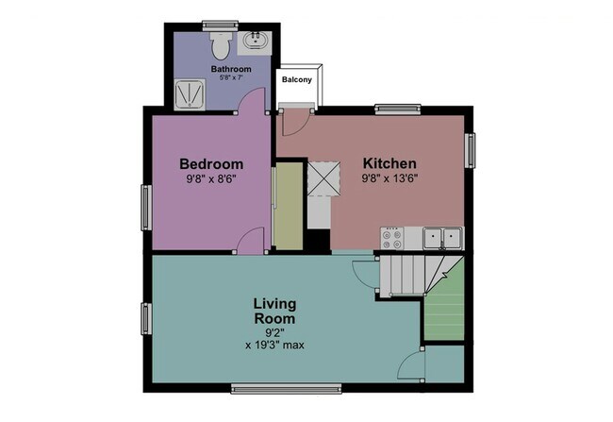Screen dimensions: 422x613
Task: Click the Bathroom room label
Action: pos(229,70)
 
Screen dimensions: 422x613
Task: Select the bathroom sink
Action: pos(255,42)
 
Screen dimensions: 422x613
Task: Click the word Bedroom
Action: pos(212,163)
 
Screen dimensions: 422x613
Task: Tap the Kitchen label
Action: pos(389,161)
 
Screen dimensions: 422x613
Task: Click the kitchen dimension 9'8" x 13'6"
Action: pos(389,177)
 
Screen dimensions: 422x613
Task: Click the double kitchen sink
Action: pos(441,237)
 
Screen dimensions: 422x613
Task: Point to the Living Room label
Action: pos(275,311)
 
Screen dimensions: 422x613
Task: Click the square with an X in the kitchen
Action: pos(323,177)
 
